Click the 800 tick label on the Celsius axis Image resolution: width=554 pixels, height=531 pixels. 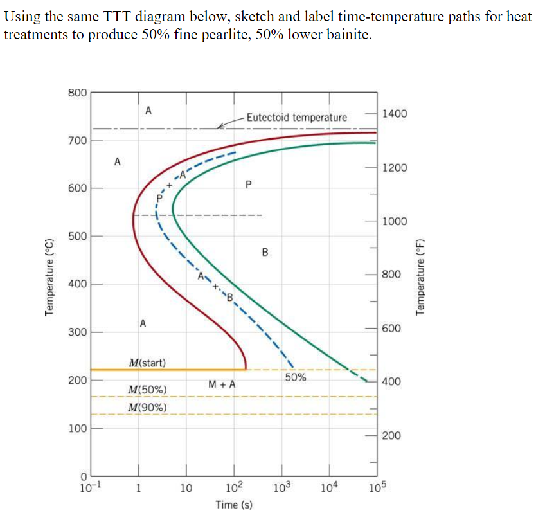pos(77,93)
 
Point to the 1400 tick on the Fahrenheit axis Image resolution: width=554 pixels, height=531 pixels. pos(393,114)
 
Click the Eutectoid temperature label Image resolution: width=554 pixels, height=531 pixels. pos(296,117)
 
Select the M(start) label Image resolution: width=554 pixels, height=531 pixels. pos(147,363)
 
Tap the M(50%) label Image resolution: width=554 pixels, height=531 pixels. pos(148,390)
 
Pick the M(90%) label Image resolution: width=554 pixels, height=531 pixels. pos(148,408)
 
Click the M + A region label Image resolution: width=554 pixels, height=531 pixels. pos(222,384)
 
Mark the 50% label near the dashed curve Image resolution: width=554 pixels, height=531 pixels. pos(296,378)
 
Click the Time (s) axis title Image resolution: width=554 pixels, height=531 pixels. pos(234,505)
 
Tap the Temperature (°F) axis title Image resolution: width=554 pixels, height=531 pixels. pos(421,276)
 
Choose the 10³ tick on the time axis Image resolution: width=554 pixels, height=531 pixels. pos(281,487)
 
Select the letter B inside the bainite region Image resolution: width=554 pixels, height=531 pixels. pos(265,251)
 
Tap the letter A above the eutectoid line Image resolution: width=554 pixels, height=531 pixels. pos(148,110)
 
